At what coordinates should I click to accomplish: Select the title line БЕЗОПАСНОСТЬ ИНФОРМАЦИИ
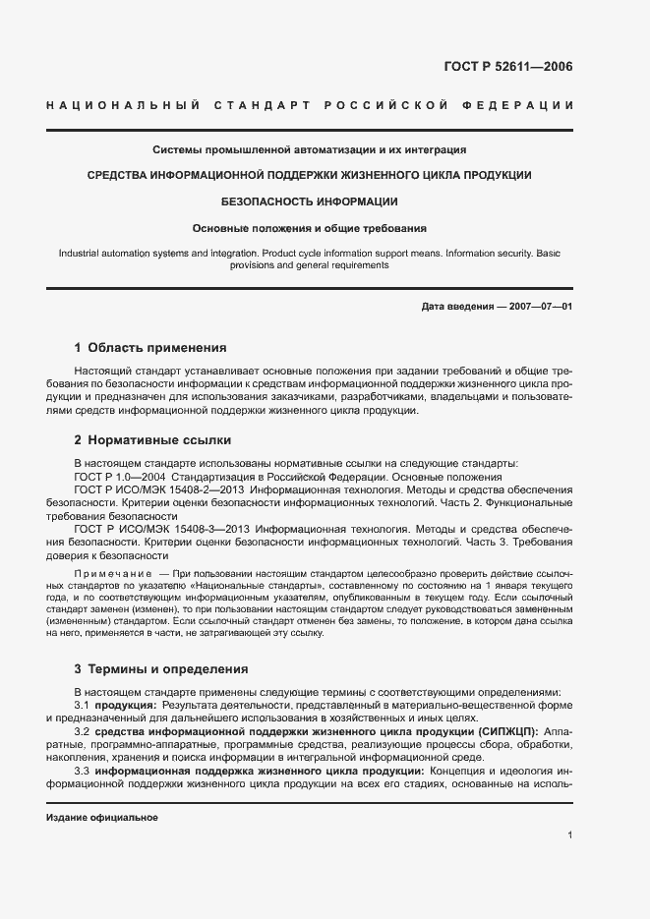point(310,201)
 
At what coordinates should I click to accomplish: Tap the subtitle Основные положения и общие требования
point(310,228)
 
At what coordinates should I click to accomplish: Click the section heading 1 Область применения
point(150,347)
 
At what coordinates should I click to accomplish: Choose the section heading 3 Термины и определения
point(161,668)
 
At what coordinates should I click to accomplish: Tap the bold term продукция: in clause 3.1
point(125,706)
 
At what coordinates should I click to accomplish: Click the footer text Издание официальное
point(102,818)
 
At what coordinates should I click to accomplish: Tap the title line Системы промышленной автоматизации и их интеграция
point(310,150)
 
